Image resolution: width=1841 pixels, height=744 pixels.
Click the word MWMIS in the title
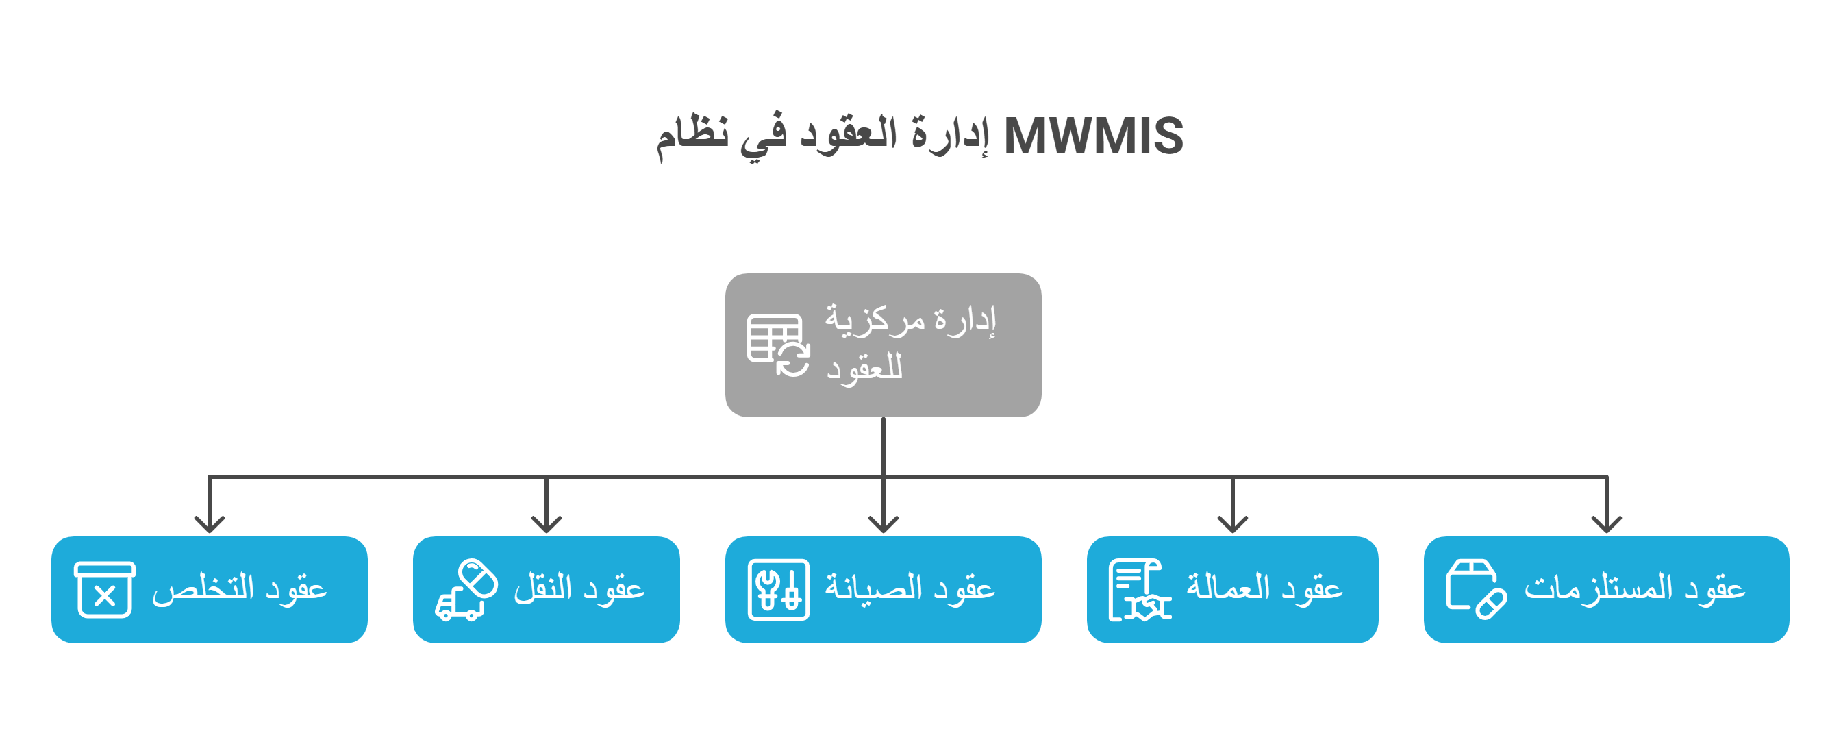[x=1094, y=136]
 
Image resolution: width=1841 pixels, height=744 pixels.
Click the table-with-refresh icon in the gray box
[x=778, y=345]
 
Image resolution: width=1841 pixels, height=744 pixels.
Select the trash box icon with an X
[x=104, y=590]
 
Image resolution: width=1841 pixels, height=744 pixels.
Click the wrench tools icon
[x=778, y=590]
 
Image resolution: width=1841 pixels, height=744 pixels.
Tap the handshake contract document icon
[x=1139, y=590]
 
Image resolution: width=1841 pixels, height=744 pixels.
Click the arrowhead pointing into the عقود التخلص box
[x=210, y=525]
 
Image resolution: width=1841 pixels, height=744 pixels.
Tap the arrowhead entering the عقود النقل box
[x=547, y=525]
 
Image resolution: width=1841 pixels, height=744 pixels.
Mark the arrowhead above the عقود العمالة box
[x=1233, y=525]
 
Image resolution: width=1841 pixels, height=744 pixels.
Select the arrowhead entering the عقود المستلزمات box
[x=1607, y=525]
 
